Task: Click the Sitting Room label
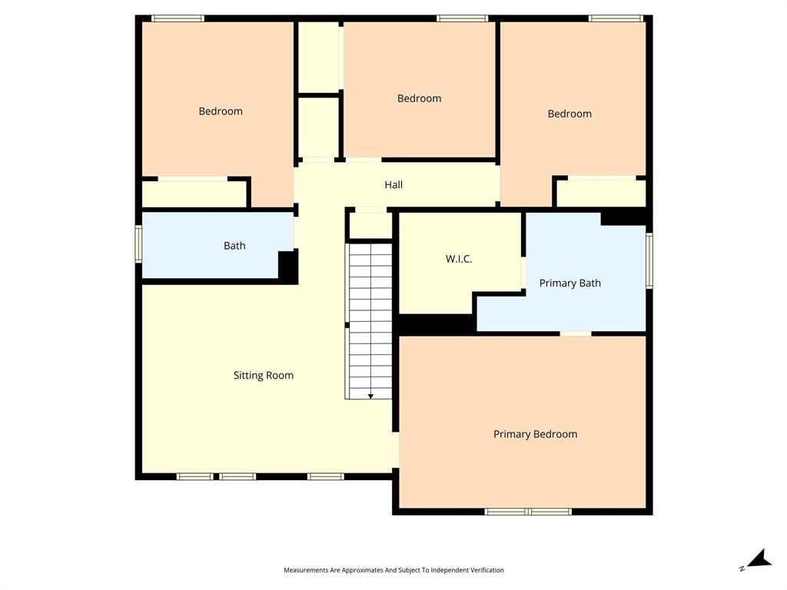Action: [x=264, y=376]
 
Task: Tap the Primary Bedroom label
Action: [x=535, y=434]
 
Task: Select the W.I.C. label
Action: [x=459, y=259]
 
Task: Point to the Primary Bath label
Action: [x=569, y=283]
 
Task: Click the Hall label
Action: [x=393, y=185]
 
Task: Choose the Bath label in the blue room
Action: [x=234, y=246]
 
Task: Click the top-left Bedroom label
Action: [x=221, y=111]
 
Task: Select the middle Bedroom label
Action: [x=419, y=98]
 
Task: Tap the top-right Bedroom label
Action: [x=569, y=114]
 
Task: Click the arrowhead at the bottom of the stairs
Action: [x=370, y=396]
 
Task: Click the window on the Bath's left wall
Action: [x=139, y=244]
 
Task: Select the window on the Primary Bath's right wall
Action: [x=649, y=260]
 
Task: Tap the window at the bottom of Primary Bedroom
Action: [x=528, y=511]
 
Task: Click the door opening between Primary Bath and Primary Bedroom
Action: [x=575, y=333]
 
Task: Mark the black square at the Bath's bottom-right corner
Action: [x=287, y=267]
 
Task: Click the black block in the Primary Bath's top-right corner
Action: [x=623, y=218]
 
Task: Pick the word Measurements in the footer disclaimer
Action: [x=305, y=570]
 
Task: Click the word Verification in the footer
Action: [x=486, y=570]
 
